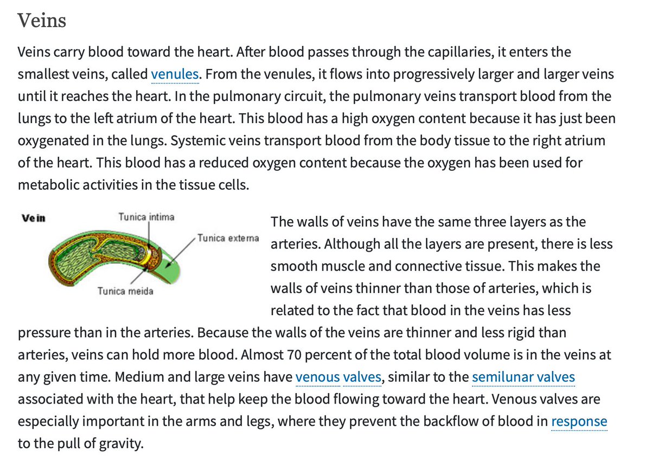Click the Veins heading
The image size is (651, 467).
42,21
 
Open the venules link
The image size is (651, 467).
174,74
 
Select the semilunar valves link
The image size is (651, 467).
523,377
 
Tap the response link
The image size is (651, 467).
579,421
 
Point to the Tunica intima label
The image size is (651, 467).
146,217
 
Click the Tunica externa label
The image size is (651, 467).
228,238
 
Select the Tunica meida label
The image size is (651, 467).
125,291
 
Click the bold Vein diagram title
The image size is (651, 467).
33,219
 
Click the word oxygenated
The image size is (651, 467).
50,140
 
